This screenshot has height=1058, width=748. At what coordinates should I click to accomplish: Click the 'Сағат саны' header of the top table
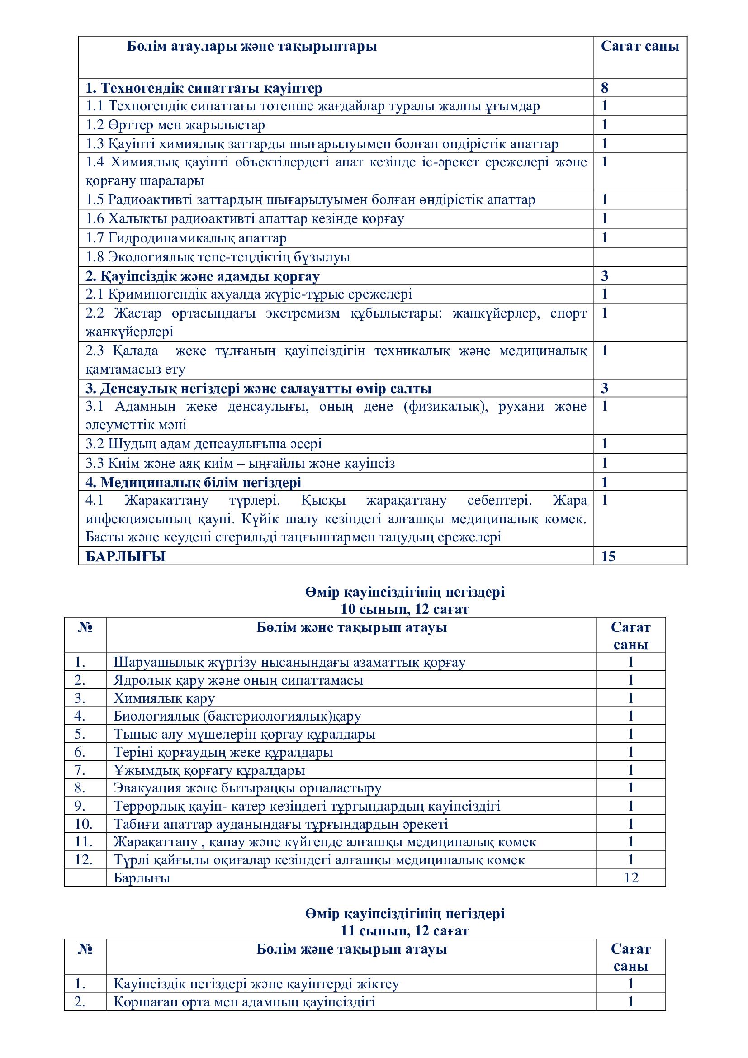(x=639, y=47)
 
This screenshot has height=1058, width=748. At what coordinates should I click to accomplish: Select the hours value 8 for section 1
(x=604, y=88)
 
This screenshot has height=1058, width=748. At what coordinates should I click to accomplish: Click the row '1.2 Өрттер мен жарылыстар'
(x=175, y=125)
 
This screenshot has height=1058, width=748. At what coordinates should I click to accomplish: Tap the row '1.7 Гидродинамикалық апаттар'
(x=185, y=238)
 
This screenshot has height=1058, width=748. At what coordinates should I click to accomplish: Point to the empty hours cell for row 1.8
(x=640, y=257)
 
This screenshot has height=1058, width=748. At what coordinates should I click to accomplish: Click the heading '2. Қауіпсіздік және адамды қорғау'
(x=202, y=276)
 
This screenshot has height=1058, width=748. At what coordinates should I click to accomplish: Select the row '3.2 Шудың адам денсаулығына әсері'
(x=203, y=444)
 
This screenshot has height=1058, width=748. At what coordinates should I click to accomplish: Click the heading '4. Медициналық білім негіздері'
(x=194, y=483)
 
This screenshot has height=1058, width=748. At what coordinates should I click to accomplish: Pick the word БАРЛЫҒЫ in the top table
(x=125, y=557)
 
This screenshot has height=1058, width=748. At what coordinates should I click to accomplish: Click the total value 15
(x=608, y=557)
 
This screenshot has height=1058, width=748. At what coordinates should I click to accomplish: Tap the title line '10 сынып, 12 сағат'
(x=404, y=609)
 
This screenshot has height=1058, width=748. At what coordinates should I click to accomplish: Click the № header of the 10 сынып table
(x=85, y=628)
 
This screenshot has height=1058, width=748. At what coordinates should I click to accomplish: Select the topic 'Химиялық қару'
(x=164, y=698)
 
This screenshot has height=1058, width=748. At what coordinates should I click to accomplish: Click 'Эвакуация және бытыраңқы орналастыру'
(x=247, y=788)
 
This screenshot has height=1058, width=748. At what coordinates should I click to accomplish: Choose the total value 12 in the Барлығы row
(x=630, y=878)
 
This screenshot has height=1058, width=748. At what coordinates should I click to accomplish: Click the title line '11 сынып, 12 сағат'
(x=404, y=931)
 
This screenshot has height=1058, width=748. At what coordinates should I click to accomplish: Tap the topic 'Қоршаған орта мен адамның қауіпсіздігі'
(x=244, y=1002)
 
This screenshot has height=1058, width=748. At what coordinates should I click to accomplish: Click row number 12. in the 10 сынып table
(x=83, y=860)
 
